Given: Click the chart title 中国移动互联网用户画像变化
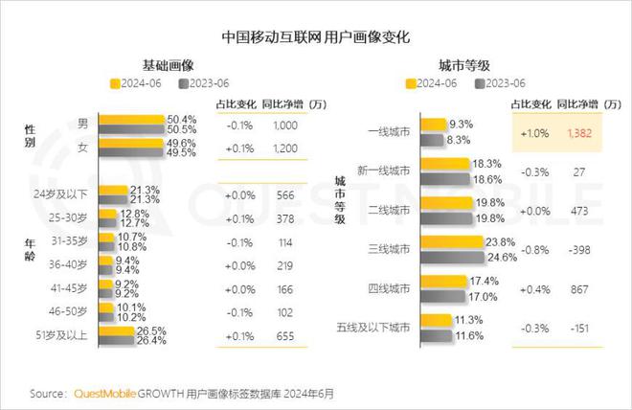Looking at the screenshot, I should click(x=315, y=38).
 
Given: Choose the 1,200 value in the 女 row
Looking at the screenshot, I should click(x=285, y=148).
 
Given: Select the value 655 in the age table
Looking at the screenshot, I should click(x=285, y=336).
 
